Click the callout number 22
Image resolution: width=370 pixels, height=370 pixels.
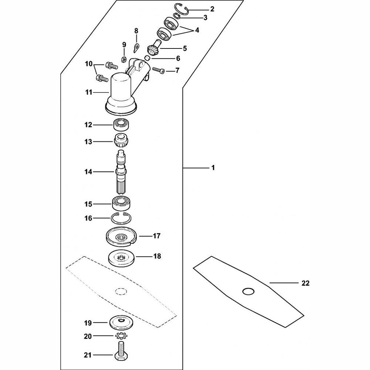point(305,283)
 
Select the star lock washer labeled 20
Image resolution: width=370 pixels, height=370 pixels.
point(121,336)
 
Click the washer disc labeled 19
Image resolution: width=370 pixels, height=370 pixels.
point(121,322)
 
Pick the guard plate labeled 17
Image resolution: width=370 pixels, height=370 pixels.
point(121,238)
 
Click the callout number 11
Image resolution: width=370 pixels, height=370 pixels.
point(88,92)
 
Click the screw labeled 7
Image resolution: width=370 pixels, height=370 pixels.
point(159,70)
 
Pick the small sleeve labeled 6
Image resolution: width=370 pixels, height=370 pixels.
point(147,58)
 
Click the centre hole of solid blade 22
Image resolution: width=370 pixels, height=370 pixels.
point(249,292)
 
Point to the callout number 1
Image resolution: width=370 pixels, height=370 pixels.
point(213,168)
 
